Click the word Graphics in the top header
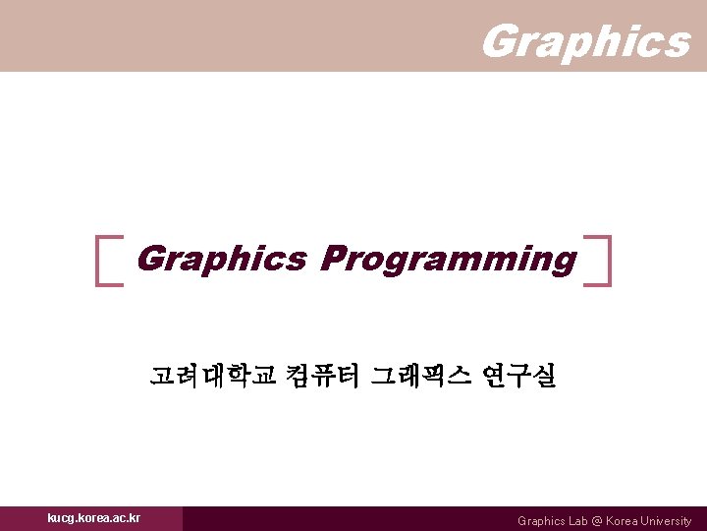click(585, 41)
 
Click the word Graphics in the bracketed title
click(222, 259)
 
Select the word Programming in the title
click(448, 259)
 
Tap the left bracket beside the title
click(108, 260)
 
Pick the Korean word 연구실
click(518, 375)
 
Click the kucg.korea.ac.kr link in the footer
click(93, 518)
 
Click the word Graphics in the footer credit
click(540, 521)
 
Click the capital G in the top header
click(500, 41)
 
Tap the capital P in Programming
click(333, 259)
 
